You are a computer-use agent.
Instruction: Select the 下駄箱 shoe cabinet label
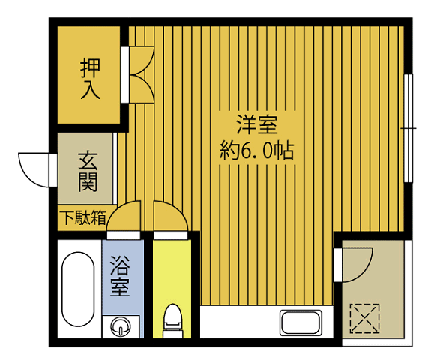(82, 218)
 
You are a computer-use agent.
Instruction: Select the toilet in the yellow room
(172, 319)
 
